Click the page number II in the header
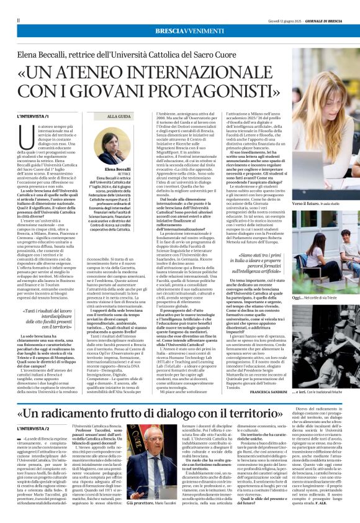pos(18,20)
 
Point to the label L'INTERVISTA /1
pos(34,116)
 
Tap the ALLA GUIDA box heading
pos(119,116)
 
